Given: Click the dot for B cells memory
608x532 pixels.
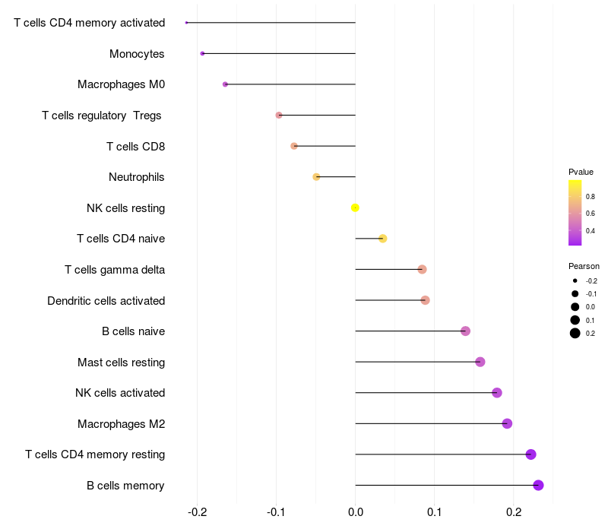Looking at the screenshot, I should tap(538, 486).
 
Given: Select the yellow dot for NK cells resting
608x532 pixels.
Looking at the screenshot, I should tap(355, 207).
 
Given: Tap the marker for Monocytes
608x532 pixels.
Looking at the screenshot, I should tap(202, 53).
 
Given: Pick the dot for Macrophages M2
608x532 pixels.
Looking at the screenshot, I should tap(507, 423).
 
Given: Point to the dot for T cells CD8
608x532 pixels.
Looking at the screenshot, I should tap(294, 146).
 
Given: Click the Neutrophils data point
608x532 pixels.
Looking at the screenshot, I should tap(316, 177).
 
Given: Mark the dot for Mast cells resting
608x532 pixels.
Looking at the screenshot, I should tap(480, 362).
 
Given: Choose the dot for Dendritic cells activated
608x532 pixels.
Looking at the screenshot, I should tap(425, 300).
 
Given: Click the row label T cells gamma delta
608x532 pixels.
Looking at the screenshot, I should tap(115, 270).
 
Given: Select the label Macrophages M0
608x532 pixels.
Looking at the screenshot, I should tap(121, 84).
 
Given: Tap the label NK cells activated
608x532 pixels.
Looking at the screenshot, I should tap(120, 393).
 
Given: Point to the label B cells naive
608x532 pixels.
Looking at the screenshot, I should tap(133, 331).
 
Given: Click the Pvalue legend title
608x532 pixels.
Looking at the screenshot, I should tap(581, 172).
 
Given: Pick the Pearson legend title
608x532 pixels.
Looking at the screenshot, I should tap(584, 267).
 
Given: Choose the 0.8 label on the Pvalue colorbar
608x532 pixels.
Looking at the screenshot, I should tap(591, 196).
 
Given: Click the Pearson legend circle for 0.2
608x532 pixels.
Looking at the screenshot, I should tap(575, 333).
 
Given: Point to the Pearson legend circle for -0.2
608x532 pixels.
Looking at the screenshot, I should tap(575, 281).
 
